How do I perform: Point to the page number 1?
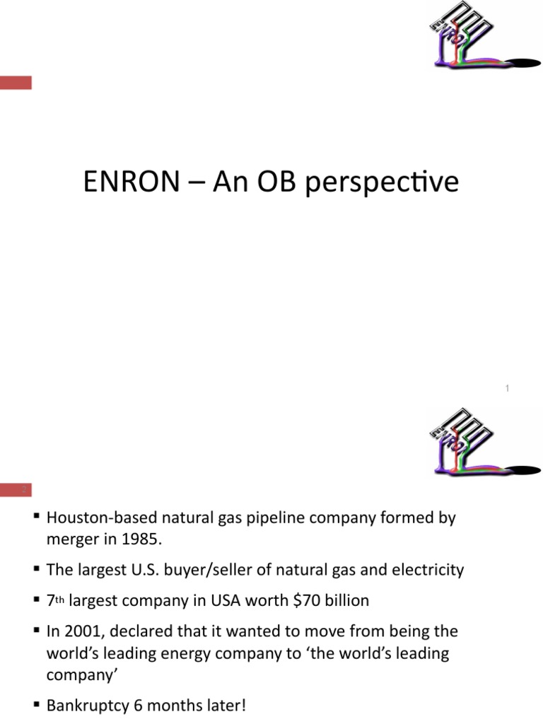[x=508, y=388]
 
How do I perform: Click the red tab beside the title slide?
[x=16, y=83]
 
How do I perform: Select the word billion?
[x=345, y=601]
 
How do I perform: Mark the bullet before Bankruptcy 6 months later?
[x=36, y=704]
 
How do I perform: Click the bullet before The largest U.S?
[x=36, y=568]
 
